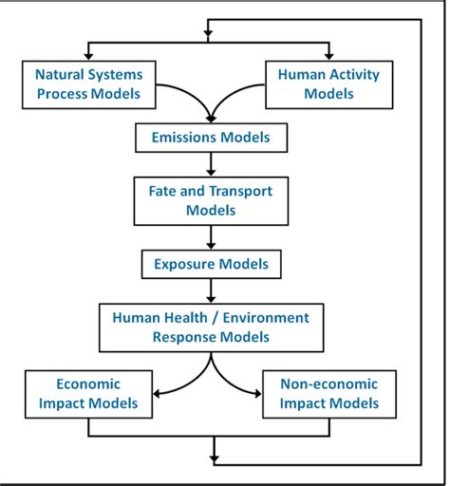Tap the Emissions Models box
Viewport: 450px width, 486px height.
[x=210, y=138]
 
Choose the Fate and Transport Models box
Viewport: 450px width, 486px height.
[x=210, y=200]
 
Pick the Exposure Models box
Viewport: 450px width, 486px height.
[x=210, y=264]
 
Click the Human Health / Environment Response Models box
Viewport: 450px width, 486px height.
[x=210, y=327]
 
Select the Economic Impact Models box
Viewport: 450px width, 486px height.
[x=89, y=394]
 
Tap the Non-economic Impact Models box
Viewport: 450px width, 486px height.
[x=328, y=394]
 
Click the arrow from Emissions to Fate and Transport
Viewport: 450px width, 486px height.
[x=210, y=163]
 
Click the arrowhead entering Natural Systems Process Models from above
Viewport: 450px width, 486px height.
[x=88, y=56]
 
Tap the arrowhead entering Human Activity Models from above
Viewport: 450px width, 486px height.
[x=329, y=56]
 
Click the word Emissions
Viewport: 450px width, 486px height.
[x=186, y=138]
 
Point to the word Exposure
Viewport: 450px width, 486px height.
[x=186, y=264]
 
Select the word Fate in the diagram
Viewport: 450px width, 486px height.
[x=163, y=191]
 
